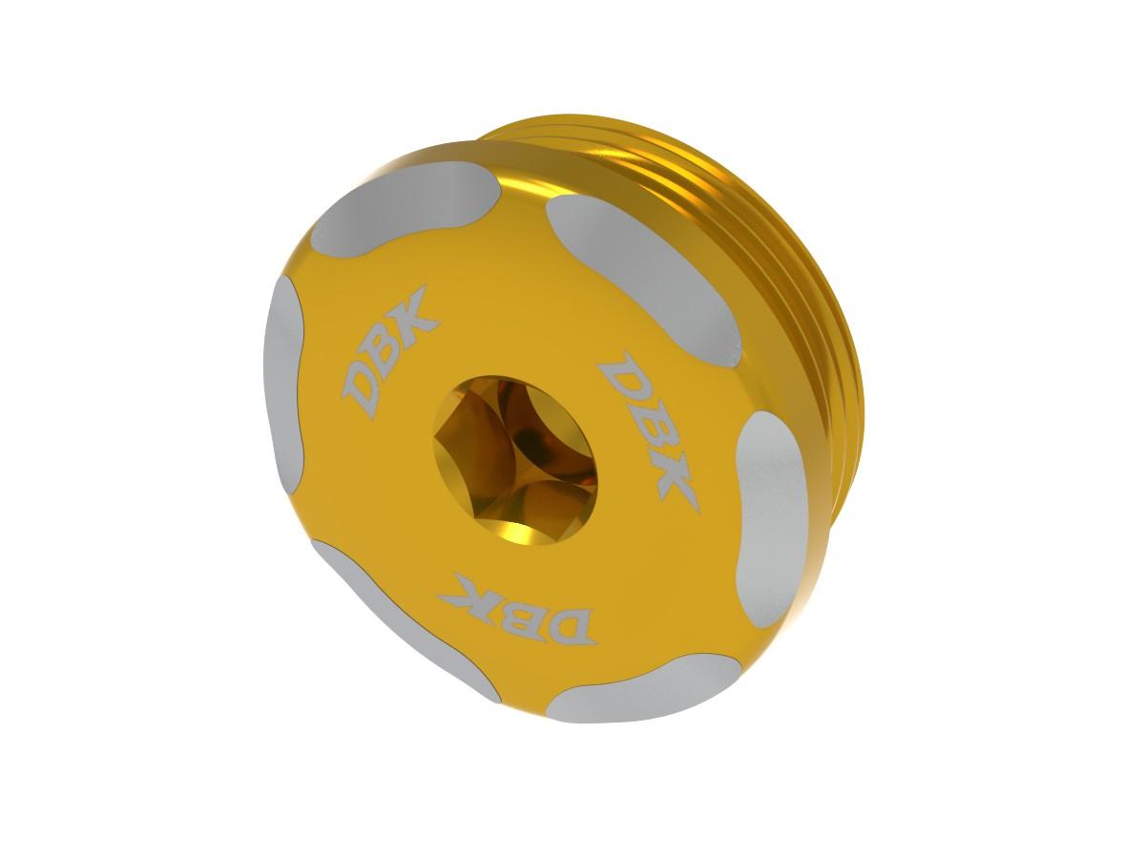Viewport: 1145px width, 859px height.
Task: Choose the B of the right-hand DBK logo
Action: tap(646, 425)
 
